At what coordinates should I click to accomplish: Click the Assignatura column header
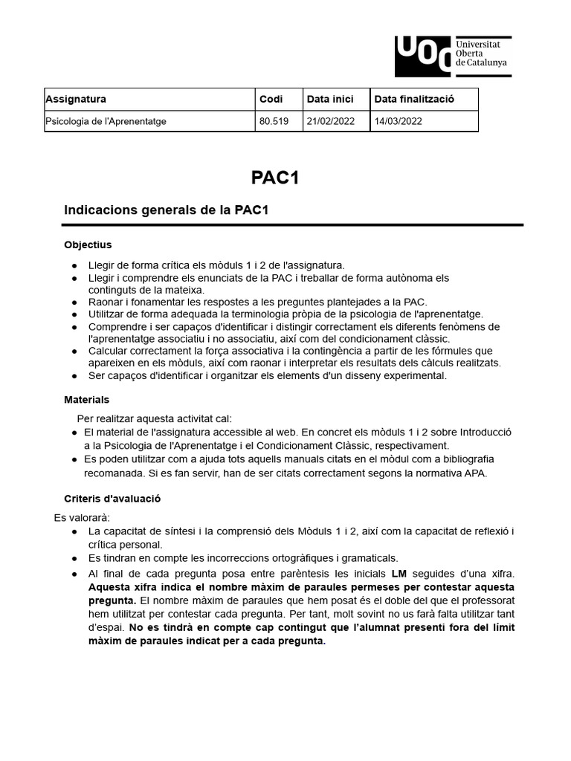point(76,99)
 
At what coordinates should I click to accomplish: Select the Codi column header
point(271,99)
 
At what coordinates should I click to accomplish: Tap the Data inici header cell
point(330,99)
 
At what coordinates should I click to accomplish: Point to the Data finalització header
point(414,99)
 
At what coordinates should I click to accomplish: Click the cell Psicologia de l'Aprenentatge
point(106,121)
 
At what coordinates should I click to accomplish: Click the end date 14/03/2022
point(398,121)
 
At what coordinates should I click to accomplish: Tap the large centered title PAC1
point(274,178)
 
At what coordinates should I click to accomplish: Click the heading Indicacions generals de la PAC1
point(166,210)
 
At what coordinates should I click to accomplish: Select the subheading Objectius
point(88,245)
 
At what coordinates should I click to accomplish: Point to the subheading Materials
point(86,400)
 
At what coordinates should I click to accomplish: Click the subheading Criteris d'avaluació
point(112,499)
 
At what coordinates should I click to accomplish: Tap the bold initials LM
point(399,574)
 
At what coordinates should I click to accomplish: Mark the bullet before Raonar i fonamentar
point(74,302)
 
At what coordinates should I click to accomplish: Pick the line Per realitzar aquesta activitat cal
point(160,418)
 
